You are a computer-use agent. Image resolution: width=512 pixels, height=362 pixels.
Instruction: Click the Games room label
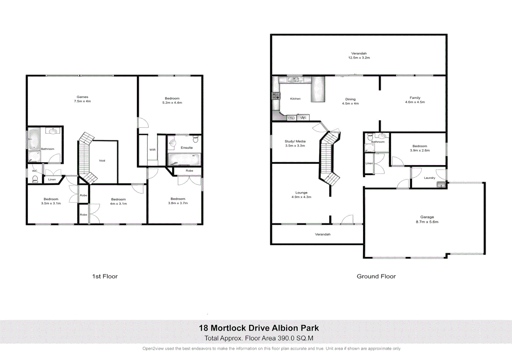[x=82, y=97]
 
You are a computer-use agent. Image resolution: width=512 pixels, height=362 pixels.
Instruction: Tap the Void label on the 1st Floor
[x=102, y=161]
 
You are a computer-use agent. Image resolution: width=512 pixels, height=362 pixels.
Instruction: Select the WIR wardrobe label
[x=152, y=150]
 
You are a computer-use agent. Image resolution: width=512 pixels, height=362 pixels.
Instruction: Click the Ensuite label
[x=187, y=147]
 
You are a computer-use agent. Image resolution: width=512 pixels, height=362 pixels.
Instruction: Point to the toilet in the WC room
[x=35, y=179]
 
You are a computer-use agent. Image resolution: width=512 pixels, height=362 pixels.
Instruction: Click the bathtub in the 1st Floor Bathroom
[x=34, y=139]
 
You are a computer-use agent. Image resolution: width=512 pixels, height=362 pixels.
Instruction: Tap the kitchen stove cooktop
[x=276, y=96]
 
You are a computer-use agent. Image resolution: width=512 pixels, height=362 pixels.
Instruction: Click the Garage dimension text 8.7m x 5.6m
[x=427, y=222]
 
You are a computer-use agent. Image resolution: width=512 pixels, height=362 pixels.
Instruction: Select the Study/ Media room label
[x=295, y=141]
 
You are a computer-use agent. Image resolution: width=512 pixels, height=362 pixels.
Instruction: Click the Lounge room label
[x=301, y=193]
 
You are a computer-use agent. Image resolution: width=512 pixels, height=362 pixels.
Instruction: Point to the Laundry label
[x=429, y=178]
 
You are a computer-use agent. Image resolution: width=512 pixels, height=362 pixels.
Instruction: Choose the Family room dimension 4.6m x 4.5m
[x=415, y=102]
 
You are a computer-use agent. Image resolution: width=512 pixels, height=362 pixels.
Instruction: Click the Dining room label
[x=350, y=99]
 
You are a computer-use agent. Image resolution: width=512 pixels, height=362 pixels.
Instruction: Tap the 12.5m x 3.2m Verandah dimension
[x=359, y=58]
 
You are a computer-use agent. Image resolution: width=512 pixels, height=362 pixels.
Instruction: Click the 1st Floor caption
[x=105, y=277]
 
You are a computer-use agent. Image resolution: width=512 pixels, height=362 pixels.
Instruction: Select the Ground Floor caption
[x=376, y=277]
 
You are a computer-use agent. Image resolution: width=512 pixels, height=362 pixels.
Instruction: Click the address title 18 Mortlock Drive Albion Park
[x=259, y=328]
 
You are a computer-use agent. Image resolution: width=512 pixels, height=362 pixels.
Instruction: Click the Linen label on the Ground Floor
[x=369, y=163]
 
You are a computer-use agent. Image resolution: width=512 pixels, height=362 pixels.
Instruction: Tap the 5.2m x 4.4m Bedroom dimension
[x=172, y=103]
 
